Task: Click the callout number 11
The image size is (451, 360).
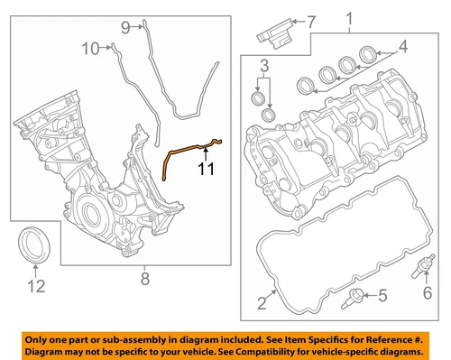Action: point(207,169)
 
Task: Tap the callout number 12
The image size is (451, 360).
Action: point(36,286)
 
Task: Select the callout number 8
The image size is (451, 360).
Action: point(145,279)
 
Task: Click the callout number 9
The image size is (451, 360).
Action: point(125,28)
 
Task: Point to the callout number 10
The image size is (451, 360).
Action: point(90,49)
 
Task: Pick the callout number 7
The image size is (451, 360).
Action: point(311,22)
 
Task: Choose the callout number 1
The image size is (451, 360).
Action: point(349,19)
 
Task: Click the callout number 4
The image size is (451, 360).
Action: point(403,46)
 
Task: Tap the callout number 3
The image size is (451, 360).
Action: point(264,66)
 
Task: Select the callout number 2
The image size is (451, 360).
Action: point(262,303)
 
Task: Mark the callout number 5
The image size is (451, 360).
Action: point(382,295)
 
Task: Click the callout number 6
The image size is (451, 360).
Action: point(428,292)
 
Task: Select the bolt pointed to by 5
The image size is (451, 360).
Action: point(353,299)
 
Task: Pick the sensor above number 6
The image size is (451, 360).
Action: point(423,266)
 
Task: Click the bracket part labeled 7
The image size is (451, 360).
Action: point(275,33)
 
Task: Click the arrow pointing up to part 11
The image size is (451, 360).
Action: point(206,153)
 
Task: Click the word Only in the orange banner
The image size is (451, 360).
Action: point(34,340)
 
